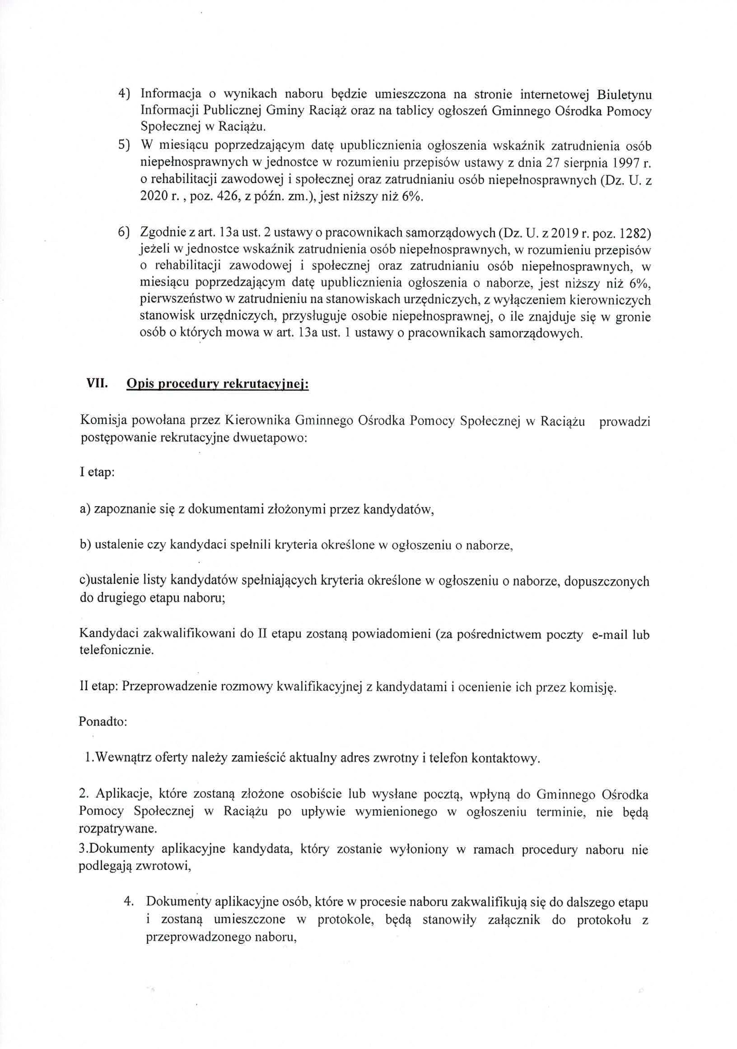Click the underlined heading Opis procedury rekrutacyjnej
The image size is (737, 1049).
pyautogui.click(x=218, y=384)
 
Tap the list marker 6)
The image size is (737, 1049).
pyautogui.click(x=124, y=234)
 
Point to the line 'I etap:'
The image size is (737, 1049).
pyautogui.click(x=97, y=472)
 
